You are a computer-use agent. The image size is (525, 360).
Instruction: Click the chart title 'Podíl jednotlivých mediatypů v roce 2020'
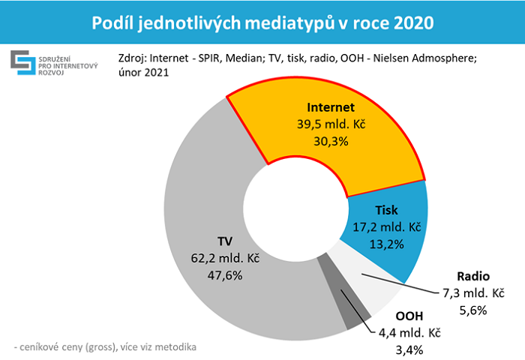[x=262, y=22]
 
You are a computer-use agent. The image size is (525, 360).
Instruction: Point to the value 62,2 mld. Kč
[x=224, y=258]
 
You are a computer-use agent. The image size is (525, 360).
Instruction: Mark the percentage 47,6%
[x=224, y=274]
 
